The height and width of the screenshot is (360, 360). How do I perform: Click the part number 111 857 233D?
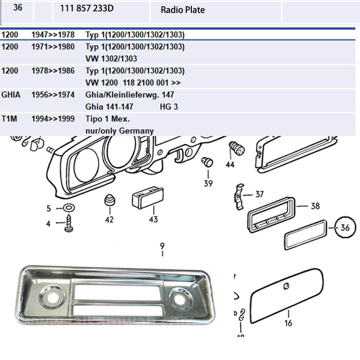click(x=87, y=8)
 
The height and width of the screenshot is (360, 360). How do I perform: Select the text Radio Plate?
click(x=183, y=10)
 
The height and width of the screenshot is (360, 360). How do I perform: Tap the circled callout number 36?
click(x=345, y=228)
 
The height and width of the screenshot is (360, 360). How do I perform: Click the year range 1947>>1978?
click(x=53, y=35)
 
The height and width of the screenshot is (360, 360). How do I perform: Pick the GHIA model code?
click(x=11, y=95)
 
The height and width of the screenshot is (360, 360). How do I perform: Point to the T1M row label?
click(x=9, y=119)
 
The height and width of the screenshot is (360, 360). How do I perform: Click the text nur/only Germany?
click(x=120, y=131)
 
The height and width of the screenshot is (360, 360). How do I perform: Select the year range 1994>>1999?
click(x=53, y=119)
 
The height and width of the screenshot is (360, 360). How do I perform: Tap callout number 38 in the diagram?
click(x=315, y=206)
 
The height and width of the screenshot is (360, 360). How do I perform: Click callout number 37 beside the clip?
click(x=260, y=194)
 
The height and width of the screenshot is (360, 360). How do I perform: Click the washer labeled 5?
click(x=69, y=208)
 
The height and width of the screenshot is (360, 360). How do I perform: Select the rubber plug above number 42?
click(x=110, y=200)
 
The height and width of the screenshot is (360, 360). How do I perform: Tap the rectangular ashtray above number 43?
click(x=148, y=197)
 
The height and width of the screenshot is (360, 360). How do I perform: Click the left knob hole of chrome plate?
click(x=53, y=297)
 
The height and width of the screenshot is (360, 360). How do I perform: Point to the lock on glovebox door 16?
click(x=286, y=286)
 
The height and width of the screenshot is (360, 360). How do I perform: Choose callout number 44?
click(x=230, y=165)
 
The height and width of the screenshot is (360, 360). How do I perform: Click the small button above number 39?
click(x=207, y=162)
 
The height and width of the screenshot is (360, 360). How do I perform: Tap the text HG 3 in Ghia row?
click(x=169, y=107)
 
